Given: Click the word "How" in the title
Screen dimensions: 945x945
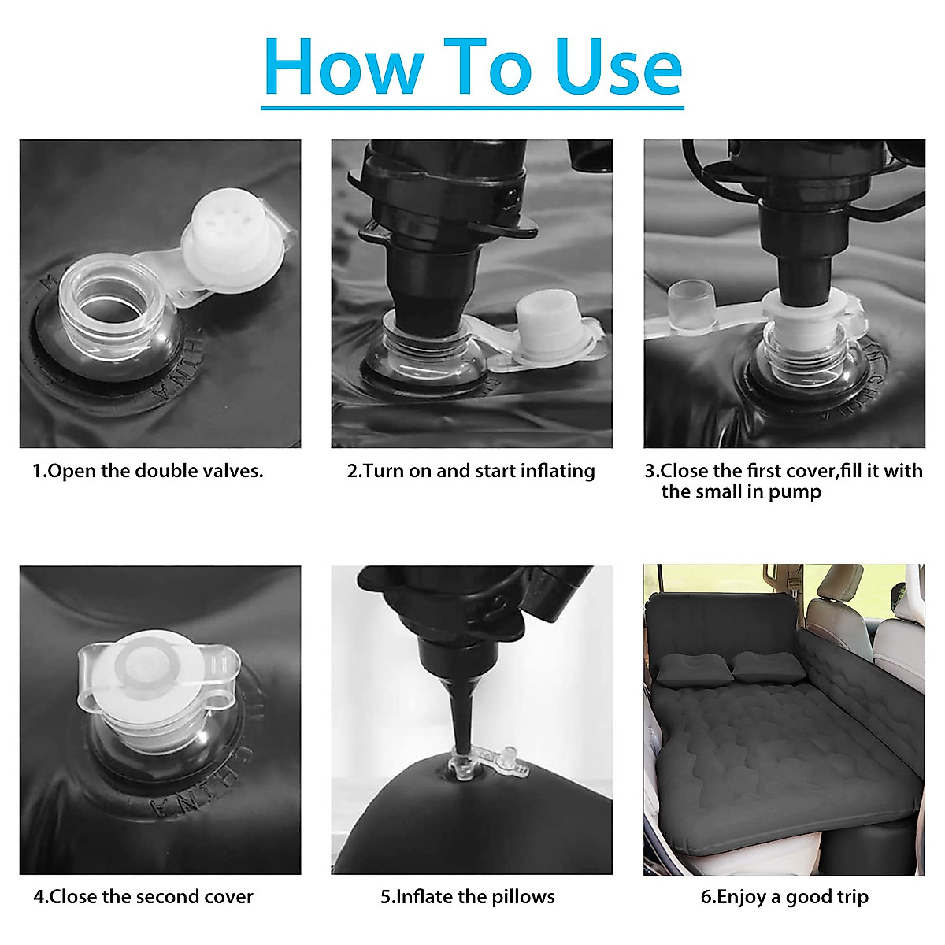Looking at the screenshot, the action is tap(344, 67).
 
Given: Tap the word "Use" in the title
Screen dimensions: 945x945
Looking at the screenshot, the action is tap(619, 67).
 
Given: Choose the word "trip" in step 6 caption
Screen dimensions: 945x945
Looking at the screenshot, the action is tap(853, 898).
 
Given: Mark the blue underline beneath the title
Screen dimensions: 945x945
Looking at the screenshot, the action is tap(472, 107).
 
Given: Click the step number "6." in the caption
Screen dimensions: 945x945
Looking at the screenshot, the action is tap(708, 898).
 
